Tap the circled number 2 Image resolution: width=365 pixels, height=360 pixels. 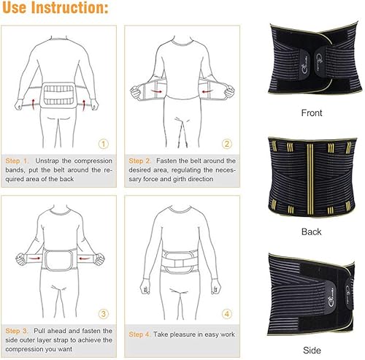[227, 144]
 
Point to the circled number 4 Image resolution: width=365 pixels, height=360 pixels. [227, 315]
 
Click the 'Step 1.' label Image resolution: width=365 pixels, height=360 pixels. [18, 161]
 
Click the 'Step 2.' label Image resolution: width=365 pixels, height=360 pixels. [141, 161]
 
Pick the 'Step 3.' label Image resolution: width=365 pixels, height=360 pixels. [18, 331]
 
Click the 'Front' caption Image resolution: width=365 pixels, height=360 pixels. [312, 113]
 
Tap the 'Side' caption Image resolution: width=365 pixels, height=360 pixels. [312, 350]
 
